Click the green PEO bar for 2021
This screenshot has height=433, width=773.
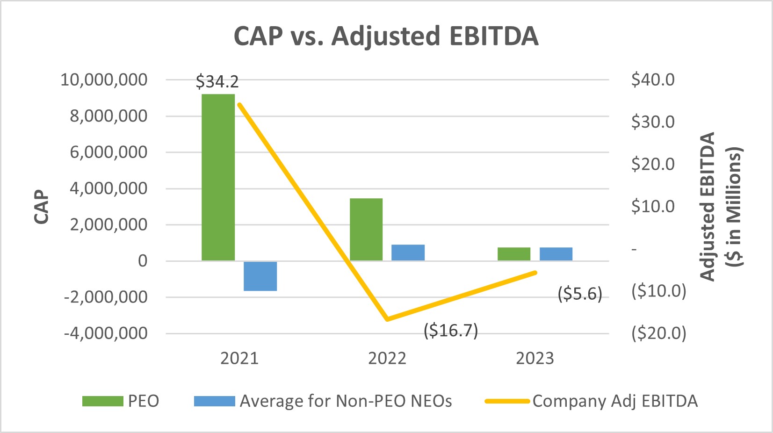218,177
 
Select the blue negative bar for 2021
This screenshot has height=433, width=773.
260,276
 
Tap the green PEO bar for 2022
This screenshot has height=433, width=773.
366,229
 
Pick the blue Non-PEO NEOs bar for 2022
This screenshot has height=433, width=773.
408,253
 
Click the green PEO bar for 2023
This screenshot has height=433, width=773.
514,254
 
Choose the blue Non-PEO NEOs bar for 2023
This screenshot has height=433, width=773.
556,254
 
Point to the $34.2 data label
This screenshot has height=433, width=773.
217,82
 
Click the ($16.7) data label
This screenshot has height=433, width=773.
451,331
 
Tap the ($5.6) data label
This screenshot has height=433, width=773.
580,294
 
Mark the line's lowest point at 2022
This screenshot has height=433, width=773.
387,319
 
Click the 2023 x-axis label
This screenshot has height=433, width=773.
535,358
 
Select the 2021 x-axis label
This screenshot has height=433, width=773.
239,358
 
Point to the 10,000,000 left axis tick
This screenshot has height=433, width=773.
104,79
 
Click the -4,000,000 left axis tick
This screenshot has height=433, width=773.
106,333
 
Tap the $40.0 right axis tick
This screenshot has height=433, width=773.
653,79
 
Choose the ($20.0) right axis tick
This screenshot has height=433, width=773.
658,333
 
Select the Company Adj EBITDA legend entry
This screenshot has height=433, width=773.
591,401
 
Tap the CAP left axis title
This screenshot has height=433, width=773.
42,207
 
